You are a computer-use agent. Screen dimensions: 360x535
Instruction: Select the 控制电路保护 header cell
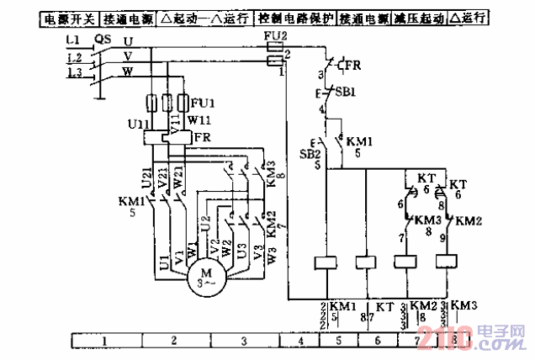click(295, 16)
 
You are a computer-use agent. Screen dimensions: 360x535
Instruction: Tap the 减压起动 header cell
click(418, 16)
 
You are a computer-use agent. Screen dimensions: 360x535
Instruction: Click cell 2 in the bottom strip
click(173, 341)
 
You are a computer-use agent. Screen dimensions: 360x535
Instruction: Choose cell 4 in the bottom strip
click(299, 341)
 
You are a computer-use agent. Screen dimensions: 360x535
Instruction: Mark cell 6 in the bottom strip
click(377, 341)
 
